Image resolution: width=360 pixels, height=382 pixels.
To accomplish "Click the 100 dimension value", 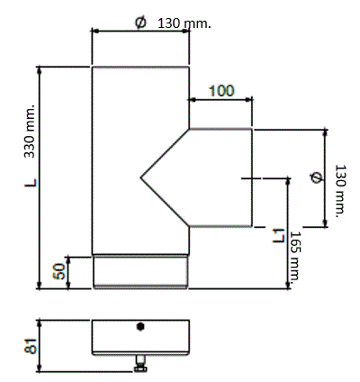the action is click(221, 91).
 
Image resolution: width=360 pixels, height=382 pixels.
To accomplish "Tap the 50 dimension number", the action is click(58, 271).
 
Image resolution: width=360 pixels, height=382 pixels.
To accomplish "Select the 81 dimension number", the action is click(31, 346).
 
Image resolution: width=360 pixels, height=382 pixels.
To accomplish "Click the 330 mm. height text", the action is click(30, 131).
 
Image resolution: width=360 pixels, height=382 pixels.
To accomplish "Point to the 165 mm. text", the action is click(295, 256).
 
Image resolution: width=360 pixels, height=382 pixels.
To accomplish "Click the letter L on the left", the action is click(31, 183).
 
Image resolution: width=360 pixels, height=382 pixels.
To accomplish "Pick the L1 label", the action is click(278, 235).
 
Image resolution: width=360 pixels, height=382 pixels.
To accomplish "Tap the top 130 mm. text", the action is click(184, 23).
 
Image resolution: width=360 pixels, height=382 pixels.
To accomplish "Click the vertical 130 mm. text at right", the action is click(340, 191).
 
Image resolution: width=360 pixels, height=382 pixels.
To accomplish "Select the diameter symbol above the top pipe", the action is click(140, 23).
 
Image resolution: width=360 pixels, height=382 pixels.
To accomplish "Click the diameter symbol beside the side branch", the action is click(316, 177).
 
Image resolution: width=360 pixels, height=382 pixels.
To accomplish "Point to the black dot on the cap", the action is click(140, 326).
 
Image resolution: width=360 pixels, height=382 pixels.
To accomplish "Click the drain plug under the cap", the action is click(140, 364).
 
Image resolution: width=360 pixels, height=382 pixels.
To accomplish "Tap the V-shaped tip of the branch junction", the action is click(140, 178).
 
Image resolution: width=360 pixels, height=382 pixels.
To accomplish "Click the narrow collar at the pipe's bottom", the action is click(140, 272).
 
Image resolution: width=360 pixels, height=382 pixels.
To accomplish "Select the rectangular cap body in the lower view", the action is click(140, 338).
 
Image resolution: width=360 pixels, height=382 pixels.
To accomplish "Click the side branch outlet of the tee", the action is click(220, 177).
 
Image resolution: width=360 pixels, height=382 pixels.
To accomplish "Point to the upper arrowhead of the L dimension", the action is click(39, 70).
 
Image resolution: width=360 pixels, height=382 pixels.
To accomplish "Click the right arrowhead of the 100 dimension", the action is click(248, 100).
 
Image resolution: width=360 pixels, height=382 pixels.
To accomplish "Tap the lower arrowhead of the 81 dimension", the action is click(39, 368).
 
